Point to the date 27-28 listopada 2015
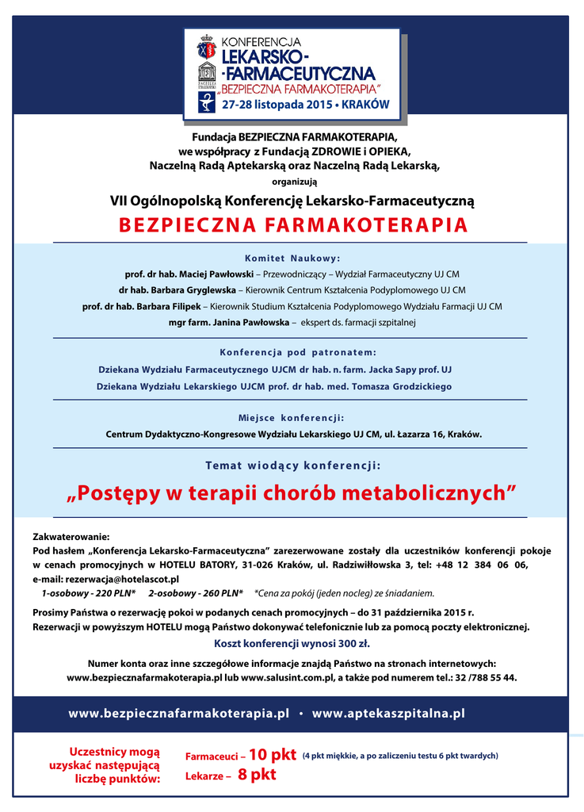pyautogui.click(x=276, y=104)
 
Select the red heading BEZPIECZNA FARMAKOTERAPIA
pyautogui.click(x=292, y=225)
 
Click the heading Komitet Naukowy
pyautogui.click(x=292, y=259)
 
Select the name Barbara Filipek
pyautogui.click(x=167, y=306)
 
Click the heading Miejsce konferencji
pyautogui.click(x=292, y=418)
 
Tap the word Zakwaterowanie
pyautogui.click(x=71, y=538)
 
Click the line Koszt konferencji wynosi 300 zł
pyautogui.click(x=292, y=644)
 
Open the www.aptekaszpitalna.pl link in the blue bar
pyautogui.click(x=388, y=714)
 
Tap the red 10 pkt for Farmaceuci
pyautogui.click(x=272, y=755)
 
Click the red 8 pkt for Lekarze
pyautogui.click(x=257, y=775)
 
